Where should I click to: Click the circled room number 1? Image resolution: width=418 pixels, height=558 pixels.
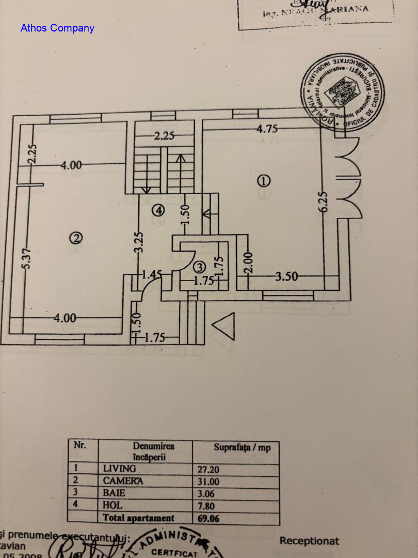click(264, 181)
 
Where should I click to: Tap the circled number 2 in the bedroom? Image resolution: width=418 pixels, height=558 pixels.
click(76, 238)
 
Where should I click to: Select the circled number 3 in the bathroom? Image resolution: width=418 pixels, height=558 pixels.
click(200, 267)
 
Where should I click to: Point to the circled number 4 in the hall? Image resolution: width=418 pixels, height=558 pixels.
click(158, 210)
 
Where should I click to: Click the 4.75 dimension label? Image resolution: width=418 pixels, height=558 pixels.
click(267, 129)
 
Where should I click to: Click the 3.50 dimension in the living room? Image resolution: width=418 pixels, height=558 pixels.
click(286, 277)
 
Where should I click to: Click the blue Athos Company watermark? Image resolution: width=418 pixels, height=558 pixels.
click(57, 28)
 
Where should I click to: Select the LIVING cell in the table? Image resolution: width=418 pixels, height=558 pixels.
click(120, 469)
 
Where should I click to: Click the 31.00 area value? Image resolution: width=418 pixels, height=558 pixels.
click(208, 481)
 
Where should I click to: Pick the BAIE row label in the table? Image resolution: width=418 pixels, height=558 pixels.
click(114, 493)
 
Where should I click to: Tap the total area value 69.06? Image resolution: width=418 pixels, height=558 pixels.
click(208, 518)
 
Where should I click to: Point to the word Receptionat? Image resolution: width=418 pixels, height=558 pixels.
click(309, 541)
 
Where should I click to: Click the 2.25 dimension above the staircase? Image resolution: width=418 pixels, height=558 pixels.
click(165, 136)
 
